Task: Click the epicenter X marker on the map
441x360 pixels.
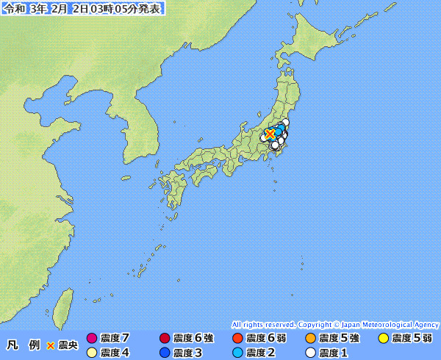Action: click(270, 134)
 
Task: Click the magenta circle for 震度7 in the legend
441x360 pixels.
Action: click(92, 339)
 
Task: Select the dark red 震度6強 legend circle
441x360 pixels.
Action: click(165, 339)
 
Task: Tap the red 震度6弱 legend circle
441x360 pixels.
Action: click(237, 339)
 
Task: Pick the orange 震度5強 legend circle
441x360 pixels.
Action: click(310, 339)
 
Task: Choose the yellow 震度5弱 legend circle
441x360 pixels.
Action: click(383, 339)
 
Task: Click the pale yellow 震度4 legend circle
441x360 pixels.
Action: click(92, 353)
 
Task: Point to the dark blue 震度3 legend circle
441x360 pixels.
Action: click(165, 353)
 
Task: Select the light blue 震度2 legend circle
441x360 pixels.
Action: click(237, 353)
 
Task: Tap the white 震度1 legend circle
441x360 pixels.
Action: click(310, 353)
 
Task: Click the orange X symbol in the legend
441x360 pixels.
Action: click(51, 345)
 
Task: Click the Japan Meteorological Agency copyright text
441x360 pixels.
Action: click(335, 324)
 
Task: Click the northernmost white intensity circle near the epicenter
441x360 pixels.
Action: click(285, 122)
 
